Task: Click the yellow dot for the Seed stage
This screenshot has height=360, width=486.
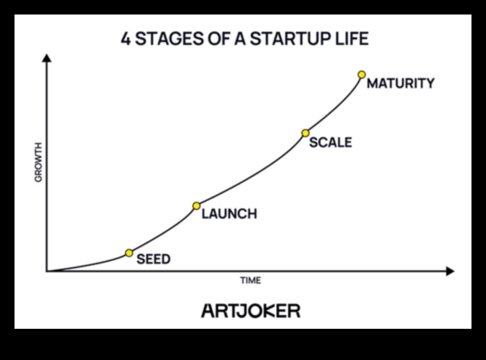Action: [x=129, y=253]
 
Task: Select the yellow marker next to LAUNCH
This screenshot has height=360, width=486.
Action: [x=196, y=206]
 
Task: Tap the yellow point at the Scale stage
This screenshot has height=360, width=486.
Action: [x=305, y=133]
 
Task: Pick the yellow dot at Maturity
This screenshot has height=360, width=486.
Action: [x=361, y=75]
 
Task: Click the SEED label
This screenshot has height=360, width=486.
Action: [x=153, y=259]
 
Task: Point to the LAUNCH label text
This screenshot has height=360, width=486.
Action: [x=228, y=214]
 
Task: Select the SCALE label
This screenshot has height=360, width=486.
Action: [x=330, y=142]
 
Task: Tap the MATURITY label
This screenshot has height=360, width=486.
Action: [x=400, y=83]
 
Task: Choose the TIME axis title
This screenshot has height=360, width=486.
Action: [x=250, y=280]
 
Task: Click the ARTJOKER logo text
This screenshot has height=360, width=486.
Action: [x=250, y=311]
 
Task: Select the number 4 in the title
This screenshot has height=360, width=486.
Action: [x=126, y=38]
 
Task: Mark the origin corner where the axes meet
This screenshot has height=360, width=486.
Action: [x=47, y=271]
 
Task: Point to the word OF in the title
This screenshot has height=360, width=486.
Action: [x=216, y=38]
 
